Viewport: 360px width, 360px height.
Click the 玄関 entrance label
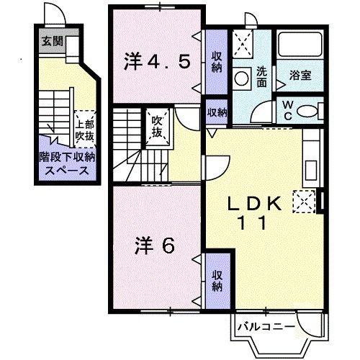(x=51, y=41)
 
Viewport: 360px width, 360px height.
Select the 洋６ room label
(x=154, y=246)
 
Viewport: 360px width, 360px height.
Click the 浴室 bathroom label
(x=300, y=74)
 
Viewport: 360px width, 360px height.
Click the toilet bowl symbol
(x=307, y=110)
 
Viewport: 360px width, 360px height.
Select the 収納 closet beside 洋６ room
(x=217, y=279)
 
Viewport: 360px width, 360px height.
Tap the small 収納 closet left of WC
(x=217, y=112)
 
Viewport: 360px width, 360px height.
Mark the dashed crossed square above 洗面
(x=243, y=42)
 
